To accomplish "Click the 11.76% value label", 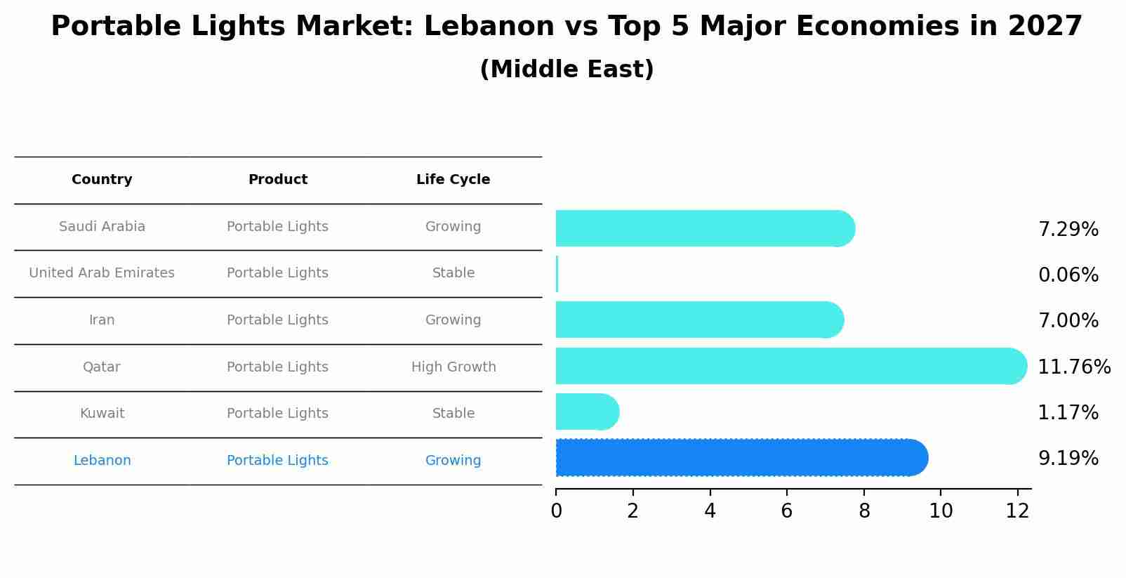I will pos(1074,367).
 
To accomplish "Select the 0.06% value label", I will pos(1068,275).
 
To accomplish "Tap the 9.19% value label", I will pos(1068,459).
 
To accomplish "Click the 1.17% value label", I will pos(1068,413).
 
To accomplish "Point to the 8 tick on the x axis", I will pos(864,511).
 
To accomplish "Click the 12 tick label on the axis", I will pos(1017,511).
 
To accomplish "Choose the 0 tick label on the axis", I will pos(556,511).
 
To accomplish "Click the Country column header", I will pos(102,180).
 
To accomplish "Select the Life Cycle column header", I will pos(453,180).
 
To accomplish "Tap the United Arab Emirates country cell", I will pos(102,273).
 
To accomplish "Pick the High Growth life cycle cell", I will pos(453,367).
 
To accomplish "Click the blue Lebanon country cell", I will pos(102,461).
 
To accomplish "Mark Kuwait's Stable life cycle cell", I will pos(453,414).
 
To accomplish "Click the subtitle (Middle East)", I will pos(567,70).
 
